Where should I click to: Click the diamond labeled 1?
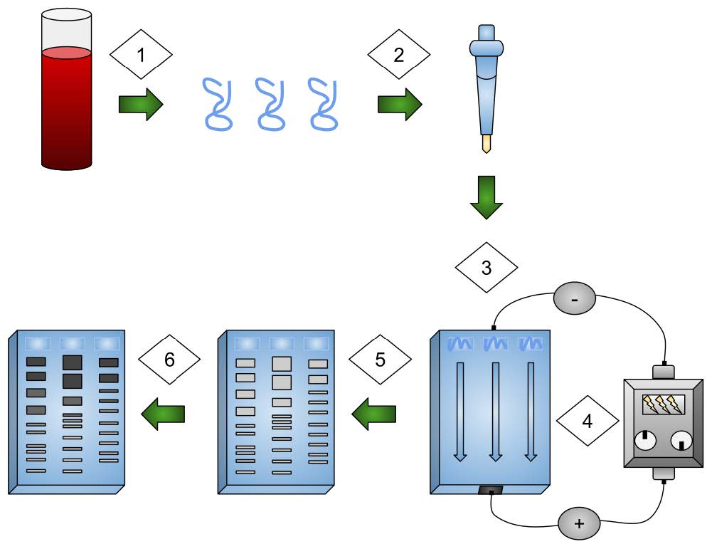(x=141, y=54)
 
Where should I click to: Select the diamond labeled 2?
(x=398, y=54)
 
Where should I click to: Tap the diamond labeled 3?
(x=487, y=268)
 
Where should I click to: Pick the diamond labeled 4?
(x=587, y=421)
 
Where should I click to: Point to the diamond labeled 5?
(x=380, y=360)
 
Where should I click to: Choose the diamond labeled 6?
(x=169, y=360)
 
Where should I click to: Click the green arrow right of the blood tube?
(x=140, y=105)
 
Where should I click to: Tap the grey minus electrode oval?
(x=577, y=299)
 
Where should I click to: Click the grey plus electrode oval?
(x=578, y=524)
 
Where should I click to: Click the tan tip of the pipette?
(x=487, y=145)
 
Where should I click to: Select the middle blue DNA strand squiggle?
(x=271, y=104)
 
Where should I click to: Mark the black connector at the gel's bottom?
(x=491, y=491)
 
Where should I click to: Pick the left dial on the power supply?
(x=645, y=442)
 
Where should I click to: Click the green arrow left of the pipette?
(x=399, y=105)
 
